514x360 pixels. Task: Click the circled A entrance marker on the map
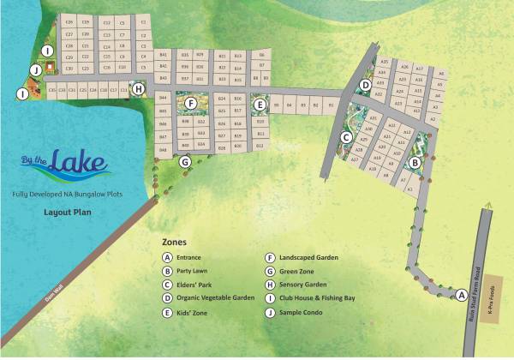(461, 295)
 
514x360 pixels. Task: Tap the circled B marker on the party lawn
(415, 162)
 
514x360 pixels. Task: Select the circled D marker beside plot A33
(365, 85)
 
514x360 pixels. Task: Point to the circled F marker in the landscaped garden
(191, 103)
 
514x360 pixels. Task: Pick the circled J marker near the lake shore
(36, 69)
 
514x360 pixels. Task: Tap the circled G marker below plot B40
(184, 161)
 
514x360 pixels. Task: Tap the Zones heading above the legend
(173, 243)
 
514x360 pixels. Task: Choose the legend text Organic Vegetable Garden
(215, 297)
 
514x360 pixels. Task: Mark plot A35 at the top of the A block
(385, 62)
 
